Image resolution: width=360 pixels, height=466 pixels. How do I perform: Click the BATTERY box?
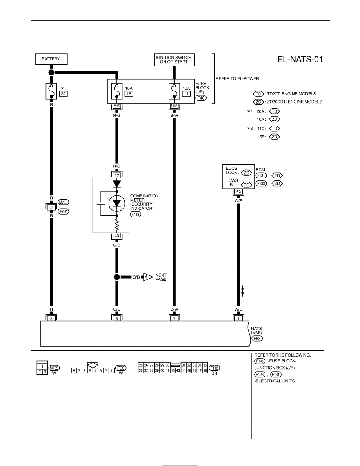pos(51,59)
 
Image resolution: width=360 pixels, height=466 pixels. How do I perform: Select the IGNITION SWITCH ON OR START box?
pos(174,60)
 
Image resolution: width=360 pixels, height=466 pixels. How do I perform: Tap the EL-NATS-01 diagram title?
pos(300,60)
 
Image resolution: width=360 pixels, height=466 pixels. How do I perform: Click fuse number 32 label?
pos(63,94)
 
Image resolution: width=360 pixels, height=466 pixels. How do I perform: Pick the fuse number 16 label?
pos(129,94)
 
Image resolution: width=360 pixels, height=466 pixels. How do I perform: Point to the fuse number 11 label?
pos(186,94)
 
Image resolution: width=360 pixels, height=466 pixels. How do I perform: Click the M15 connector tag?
pos(117,106)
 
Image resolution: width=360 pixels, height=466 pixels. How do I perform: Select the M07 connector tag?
pos(174,106)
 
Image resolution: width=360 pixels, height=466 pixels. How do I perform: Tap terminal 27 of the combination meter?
pos(117,175)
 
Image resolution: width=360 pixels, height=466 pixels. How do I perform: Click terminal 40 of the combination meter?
pos(117,236)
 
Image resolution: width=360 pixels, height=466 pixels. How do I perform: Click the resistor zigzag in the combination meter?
pos(117,225)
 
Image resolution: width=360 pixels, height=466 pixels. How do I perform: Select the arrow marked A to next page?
pos(148,277)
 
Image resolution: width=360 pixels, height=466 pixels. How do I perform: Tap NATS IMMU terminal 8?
pos(51,318)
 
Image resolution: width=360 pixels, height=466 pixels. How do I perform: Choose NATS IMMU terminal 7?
pos(174,318)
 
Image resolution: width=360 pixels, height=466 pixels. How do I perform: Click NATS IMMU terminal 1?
pos(238,318)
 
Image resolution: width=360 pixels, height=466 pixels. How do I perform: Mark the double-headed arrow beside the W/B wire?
pos(242,291)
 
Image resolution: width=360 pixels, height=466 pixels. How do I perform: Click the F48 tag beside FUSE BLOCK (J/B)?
pos(201,98)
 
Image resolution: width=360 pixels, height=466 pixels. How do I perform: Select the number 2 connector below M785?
pos(51,208)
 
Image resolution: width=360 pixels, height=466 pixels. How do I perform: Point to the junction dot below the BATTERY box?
pos(51,72)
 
